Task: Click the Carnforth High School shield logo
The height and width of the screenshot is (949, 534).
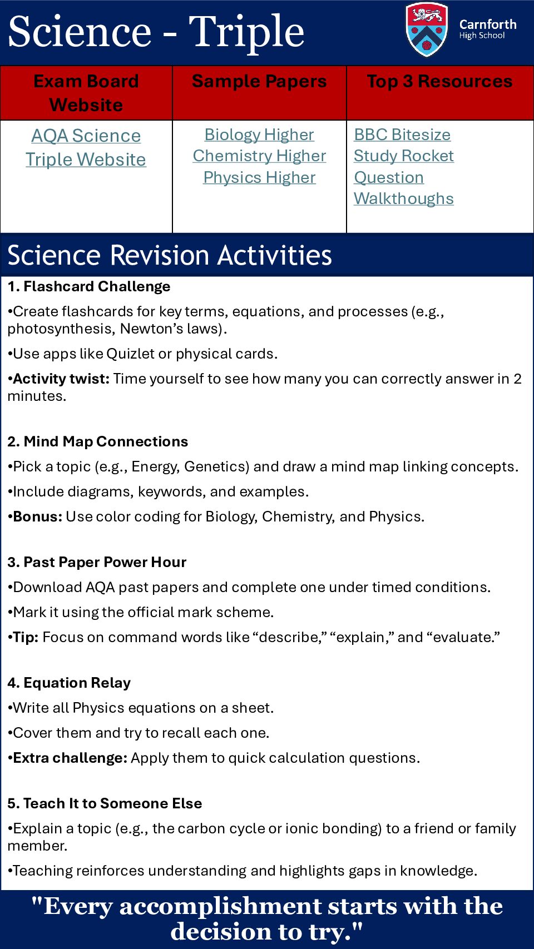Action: point(427,30)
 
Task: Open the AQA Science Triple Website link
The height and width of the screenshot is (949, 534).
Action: point(86,147)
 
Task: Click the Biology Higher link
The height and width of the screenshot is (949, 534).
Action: point(259,135)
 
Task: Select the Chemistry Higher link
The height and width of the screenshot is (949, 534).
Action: point(259,156)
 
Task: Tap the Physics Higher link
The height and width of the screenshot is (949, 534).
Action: point(259,177)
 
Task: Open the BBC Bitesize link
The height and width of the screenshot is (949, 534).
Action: point(402,135)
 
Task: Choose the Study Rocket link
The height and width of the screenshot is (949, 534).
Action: point(404,156)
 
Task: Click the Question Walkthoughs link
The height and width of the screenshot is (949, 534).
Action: point(403,188)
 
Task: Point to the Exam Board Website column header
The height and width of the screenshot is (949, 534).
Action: point(86,93)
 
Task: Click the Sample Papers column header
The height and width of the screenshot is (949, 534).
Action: point(259,82)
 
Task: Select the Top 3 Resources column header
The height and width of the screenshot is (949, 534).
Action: point(439,82)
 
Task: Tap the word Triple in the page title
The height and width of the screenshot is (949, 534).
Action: point(246,32)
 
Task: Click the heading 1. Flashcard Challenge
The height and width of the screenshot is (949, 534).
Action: point(89,286)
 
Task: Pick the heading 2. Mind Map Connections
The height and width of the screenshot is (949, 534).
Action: point(98,441)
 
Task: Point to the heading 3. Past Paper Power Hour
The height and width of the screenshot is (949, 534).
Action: point(97,562)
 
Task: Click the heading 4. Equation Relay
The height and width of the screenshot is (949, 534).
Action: point(70,683)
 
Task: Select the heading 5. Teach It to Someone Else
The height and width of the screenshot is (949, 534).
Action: point(105,803)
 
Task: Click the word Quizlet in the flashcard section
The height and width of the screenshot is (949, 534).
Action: point(131,354)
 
